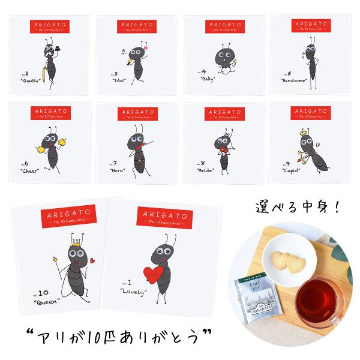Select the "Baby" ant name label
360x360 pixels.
point(208,80)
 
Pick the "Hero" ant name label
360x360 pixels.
point(119,170)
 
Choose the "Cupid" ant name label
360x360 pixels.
point(292,170)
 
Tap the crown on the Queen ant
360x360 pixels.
point(77,245)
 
